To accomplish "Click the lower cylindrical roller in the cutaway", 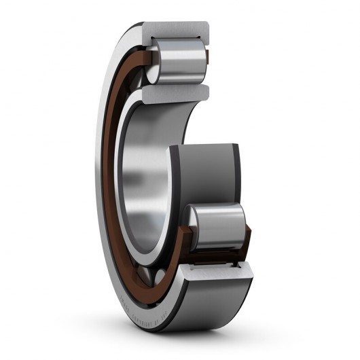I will (x=217, y=228).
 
